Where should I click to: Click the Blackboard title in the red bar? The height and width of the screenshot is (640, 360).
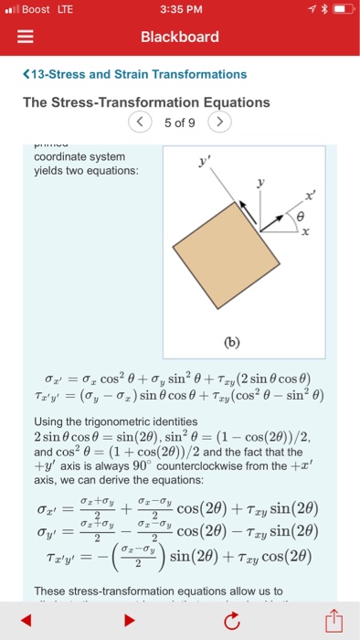pos(179,37)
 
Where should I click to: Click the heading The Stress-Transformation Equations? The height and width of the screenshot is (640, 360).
pos(146,101)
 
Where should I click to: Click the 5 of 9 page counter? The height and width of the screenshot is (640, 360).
pos(179,122)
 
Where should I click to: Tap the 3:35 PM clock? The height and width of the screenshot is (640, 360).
pos(179,10)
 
